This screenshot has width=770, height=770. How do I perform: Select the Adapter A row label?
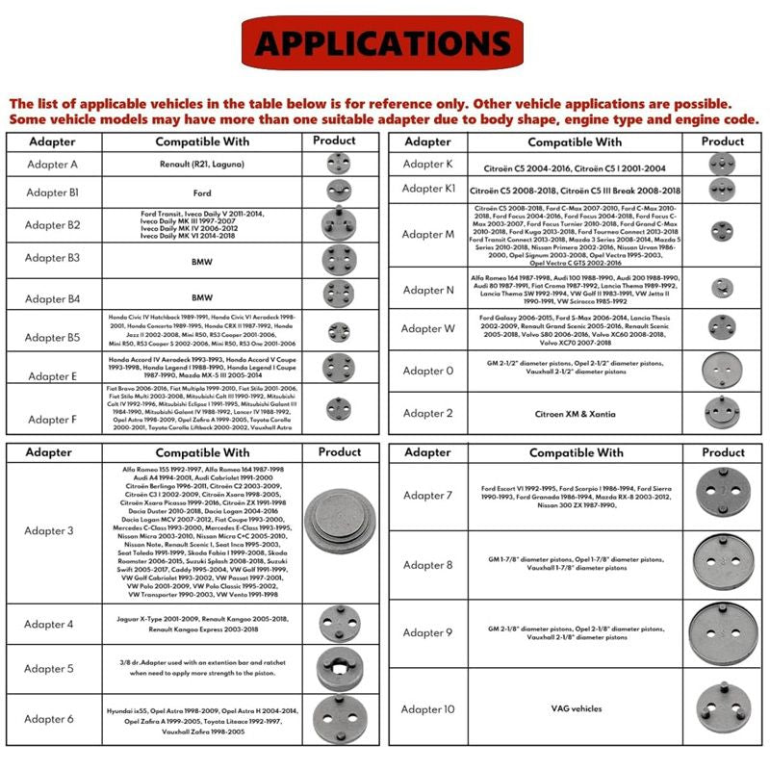pos(52,165)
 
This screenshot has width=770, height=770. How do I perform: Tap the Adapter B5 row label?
pos(52,337)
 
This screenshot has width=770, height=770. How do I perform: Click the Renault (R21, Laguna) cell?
pos(202,165)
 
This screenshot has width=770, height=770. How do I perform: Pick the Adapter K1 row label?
pos(428,189)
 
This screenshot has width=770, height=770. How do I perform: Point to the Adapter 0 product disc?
pos(723,370)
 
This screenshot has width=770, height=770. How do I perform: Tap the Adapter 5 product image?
pos(339,669)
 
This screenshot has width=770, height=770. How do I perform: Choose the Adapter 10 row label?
pos(428,709)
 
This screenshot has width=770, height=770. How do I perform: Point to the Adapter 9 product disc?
pos(723,632)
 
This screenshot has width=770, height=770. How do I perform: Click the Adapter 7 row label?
pos(428,496)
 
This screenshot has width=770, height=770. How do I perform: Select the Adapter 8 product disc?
pos(723,565)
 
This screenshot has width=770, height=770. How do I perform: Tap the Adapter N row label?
pos(428,290)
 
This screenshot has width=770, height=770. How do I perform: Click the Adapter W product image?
pos(723,328)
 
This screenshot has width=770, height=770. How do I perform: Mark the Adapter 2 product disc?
pos(723,413)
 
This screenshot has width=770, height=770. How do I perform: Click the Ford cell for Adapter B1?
pos(202,192)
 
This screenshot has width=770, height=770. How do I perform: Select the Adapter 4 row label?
pos(49,624)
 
